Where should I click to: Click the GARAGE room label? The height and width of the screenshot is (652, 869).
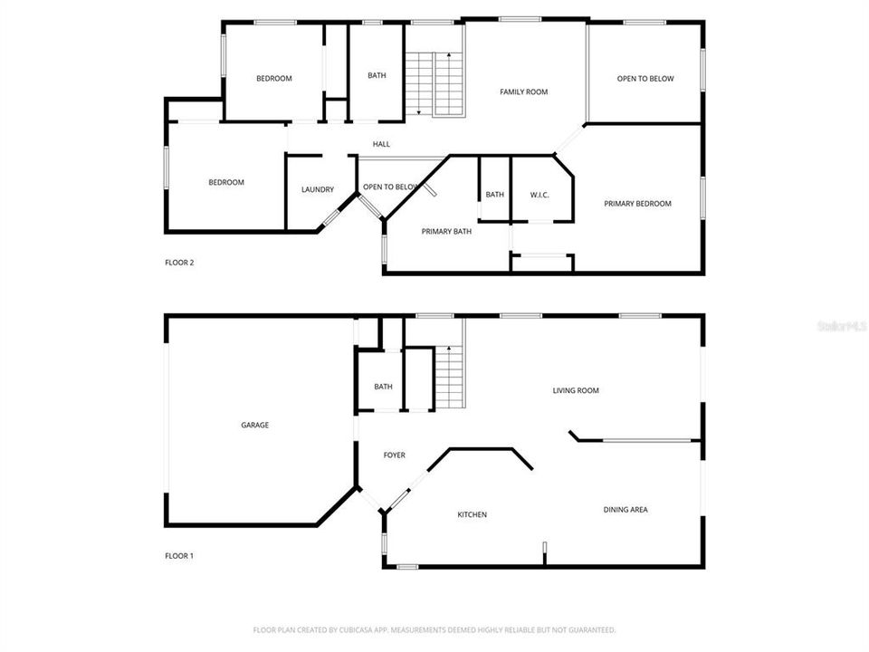(254, 425)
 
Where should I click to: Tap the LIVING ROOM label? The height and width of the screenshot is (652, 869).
(576, 391)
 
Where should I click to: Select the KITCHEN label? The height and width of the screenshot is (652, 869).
(472, 514)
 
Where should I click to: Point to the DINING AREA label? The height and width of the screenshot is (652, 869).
(625, 510)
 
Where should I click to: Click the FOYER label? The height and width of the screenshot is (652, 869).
(394, 455)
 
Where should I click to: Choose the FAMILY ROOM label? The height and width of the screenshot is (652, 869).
(524, 91)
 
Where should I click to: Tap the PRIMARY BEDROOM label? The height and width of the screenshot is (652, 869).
(637, 204)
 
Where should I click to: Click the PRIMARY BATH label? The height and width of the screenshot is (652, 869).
(446, 231)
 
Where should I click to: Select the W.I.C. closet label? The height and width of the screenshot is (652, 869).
(540, 195)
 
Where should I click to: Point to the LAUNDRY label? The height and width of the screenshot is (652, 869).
(318, 189)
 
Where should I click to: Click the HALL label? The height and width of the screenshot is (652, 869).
(381, 144)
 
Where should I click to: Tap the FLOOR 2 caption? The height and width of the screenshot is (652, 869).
(179, 263)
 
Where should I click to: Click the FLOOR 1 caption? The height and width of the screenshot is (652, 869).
(179, 556)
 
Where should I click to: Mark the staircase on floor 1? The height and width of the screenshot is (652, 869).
(450, 378)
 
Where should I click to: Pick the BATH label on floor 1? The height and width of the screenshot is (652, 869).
(383, 387)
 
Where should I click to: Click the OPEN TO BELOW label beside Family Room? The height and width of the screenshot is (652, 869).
(645, 79)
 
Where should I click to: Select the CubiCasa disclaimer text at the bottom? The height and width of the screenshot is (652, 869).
(434, 629)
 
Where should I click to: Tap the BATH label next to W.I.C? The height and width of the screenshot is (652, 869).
(494, 195)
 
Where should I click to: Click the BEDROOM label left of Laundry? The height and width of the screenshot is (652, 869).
(226, 182)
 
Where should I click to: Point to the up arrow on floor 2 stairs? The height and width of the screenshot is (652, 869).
(449, 57)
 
